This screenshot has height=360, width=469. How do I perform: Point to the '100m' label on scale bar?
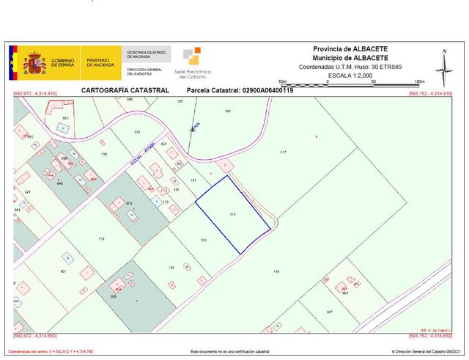419,81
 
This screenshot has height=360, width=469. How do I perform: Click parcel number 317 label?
283,152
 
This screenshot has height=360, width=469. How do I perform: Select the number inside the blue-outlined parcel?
232,215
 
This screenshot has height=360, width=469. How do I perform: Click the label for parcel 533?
101,239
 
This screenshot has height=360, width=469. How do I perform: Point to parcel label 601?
64,271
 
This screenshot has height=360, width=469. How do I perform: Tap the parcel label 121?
171,268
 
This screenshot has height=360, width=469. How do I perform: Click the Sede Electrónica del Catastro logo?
193,63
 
